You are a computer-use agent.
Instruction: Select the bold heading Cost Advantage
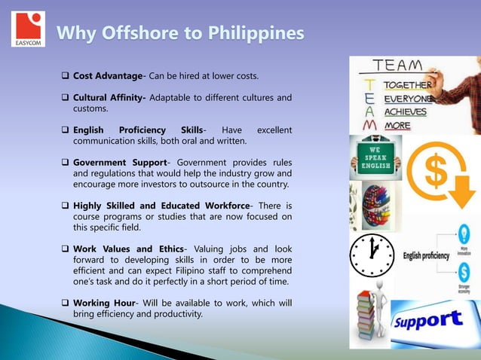pos(108,76)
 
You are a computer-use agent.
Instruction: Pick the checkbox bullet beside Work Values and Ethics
pos(65,249)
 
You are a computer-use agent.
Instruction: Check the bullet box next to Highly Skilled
pos(65,206)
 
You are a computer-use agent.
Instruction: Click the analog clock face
pos(372,255)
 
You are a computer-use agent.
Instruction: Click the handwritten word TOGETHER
pos(407,85)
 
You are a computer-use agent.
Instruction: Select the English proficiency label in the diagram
pos(426,256)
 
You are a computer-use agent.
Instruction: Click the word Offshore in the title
pos(138,34)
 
